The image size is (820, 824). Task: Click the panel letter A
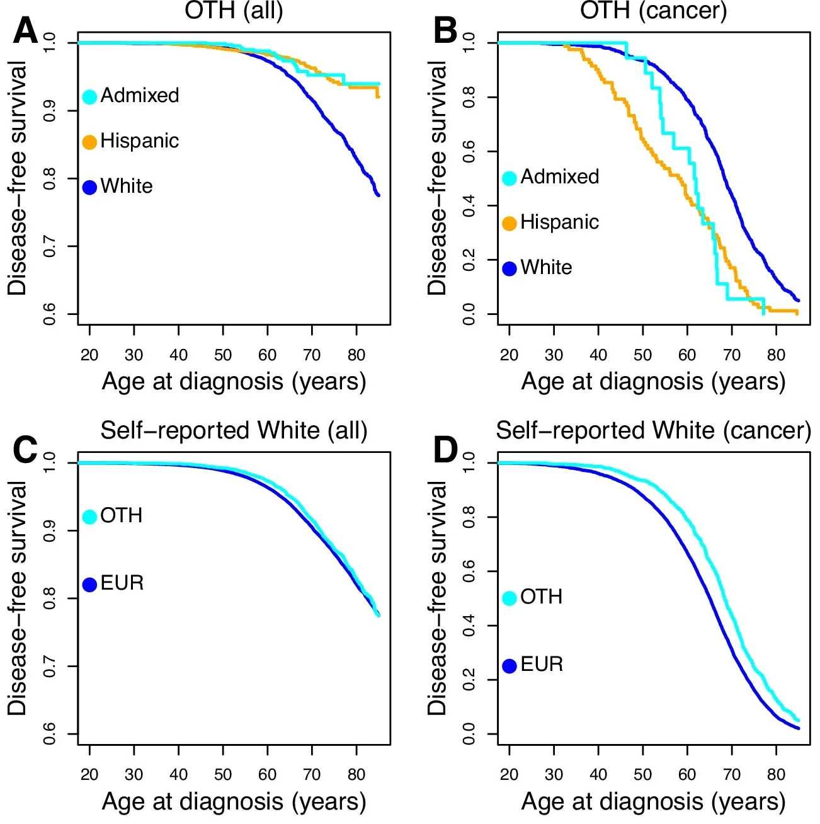click(x=26, y=30)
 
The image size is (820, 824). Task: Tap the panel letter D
click(x=445, y=450)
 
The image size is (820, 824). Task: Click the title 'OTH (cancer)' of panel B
click(x=653, y=11)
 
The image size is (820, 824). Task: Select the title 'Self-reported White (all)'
click(x=234, y=430)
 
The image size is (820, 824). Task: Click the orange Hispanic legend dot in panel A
click(x=89, y=142)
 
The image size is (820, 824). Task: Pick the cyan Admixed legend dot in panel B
click(x=510, y=178)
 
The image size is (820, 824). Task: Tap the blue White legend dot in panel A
click(x=89, y=187)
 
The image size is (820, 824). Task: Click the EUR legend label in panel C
click(x=122, y=583)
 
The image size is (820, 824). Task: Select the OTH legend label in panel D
click(x=541, y=597)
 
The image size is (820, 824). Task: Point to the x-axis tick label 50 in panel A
click(x=223, y=355)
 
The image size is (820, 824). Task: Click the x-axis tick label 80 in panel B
click(x=776, y=355)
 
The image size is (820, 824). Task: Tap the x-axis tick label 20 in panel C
click(x=89, y=775)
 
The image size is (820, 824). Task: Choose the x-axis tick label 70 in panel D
click(x=732, y=775)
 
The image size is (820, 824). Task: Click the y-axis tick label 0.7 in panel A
click(x=50, y=246)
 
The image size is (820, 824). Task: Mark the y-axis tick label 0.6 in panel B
click(x=469, y=151)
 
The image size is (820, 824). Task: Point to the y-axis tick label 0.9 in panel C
click(x=50, y=530)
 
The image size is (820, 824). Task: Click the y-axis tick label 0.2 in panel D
click(x=469, y=679)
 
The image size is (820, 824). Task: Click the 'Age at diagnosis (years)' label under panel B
click(x=653, y=382)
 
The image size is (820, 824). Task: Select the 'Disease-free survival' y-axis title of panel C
click(x=17, y=598)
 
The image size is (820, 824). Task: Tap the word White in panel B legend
click(x=546, y=268)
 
